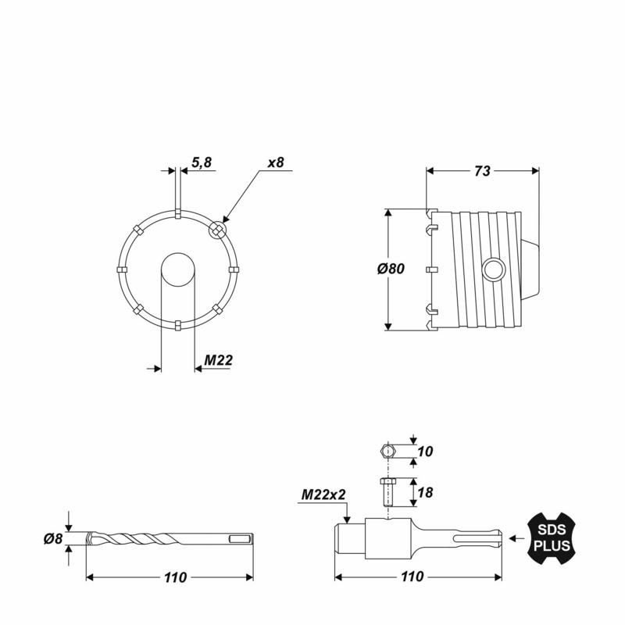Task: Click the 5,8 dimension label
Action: click(202, 162)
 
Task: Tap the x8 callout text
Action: click(276, 162)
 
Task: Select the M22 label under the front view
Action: click(218, 360)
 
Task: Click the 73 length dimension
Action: click(482, 171)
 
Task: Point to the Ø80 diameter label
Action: click(391, 269)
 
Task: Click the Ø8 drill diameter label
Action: click(53, 539)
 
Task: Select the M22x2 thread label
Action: click(323, 495)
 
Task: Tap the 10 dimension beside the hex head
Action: click(425, 452)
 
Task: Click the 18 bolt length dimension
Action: click(425, 493)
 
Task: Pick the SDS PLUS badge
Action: click(552, 538)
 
